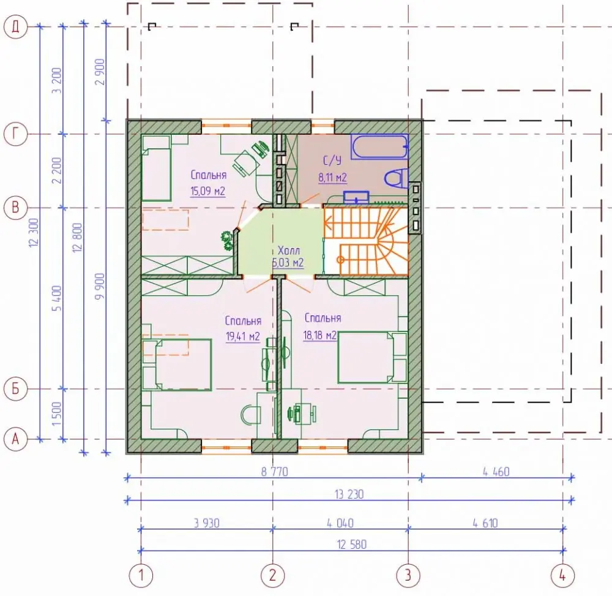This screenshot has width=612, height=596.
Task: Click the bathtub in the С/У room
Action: click(379, 146)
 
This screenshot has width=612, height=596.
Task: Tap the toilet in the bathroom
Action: click(396, 178)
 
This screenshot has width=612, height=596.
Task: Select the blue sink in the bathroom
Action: click(356, 197)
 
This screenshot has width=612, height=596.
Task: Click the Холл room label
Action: click(289, 250)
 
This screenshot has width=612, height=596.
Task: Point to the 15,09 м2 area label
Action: click(207, 191)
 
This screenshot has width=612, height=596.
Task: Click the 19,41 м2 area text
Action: click(243, 336)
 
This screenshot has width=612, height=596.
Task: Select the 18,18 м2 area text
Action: click(320, 335)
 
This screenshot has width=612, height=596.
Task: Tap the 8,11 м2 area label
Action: click(332, 178)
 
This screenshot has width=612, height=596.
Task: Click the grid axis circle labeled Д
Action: click(16, 27)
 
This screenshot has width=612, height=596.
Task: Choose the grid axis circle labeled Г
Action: click(16, 134)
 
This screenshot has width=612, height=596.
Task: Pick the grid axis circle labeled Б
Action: click(16, 389)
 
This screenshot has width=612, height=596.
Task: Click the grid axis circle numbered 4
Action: click(562, 575)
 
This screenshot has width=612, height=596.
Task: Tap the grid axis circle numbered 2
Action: click(272, 575)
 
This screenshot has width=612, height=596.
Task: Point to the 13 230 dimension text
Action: click(349, 494)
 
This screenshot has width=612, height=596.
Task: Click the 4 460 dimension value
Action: click(496, 472)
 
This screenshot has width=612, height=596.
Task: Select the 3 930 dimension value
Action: click(207, 523)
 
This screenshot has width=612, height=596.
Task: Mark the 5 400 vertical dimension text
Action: click(57, 298)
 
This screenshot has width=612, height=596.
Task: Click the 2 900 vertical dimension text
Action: click(100, 72)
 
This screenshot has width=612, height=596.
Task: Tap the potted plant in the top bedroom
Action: click(226, 241)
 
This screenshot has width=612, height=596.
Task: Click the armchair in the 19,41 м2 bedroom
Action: click(250, 415)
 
